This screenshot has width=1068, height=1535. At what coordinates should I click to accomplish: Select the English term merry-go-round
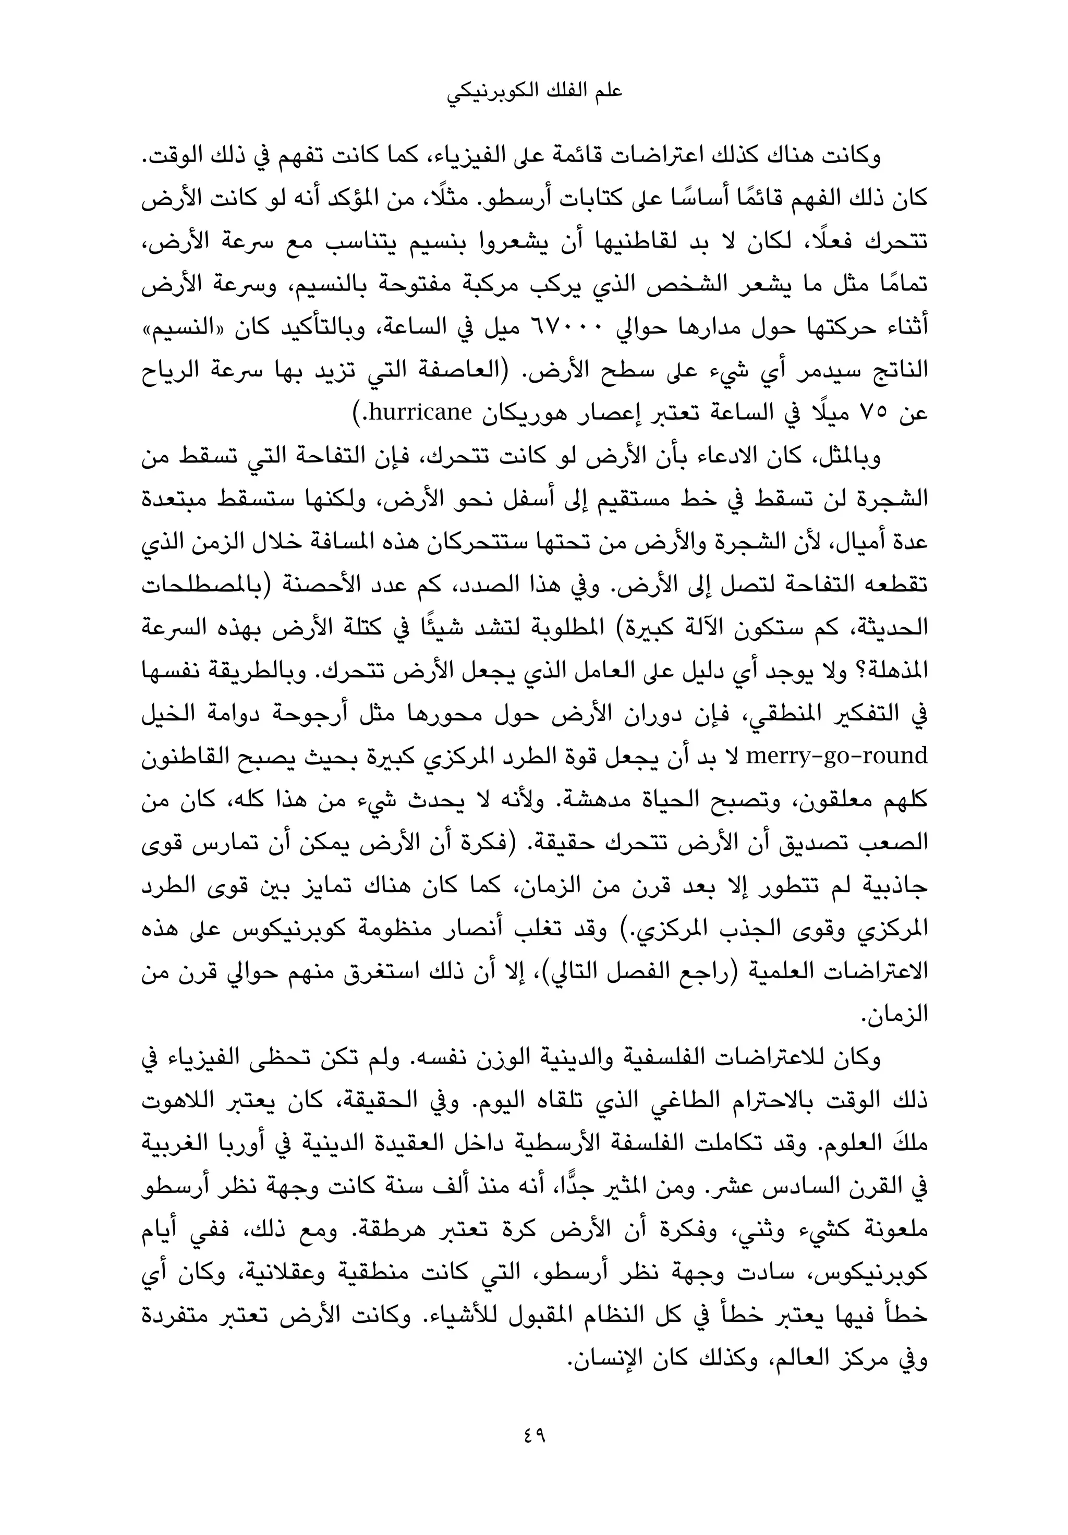click(x=836, y=756)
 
